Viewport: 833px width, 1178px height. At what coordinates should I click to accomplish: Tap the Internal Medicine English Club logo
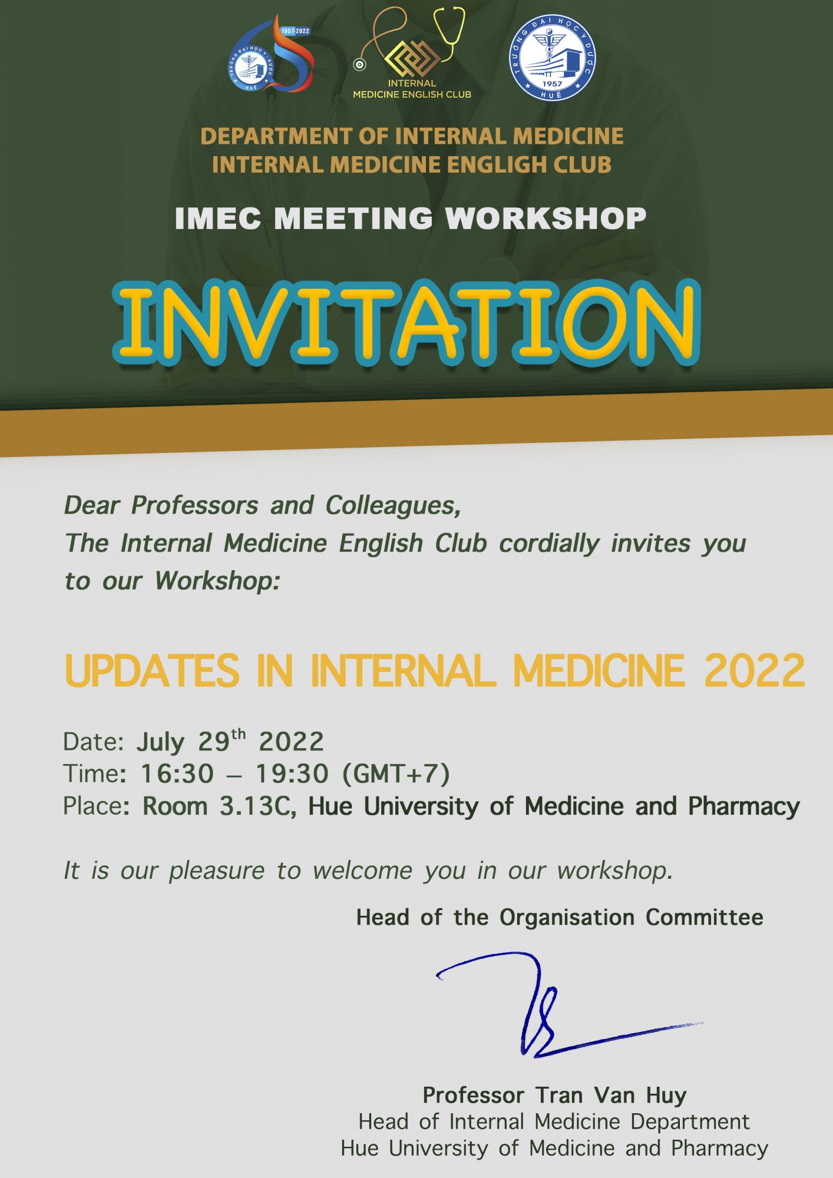412,53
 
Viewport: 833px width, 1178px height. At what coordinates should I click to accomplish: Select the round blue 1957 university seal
552,58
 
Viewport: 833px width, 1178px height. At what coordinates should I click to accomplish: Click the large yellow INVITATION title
406,322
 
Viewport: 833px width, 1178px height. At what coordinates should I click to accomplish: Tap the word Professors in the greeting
194,505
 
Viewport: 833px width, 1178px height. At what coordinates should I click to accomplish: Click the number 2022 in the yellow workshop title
755,670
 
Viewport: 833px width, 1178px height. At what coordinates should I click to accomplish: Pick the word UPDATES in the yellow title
152,670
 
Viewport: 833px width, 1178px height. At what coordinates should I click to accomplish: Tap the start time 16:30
177,773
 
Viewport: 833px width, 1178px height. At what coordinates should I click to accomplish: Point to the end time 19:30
292,773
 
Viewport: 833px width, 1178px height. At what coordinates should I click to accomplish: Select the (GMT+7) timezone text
396,774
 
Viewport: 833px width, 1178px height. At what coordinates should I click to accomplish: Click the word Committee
705,917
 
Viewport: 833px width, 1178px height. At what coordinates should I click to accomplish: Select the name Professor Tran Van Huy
554,1095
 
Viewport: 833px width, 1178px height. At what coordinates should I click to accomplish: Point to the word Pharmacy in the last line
720,1149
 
